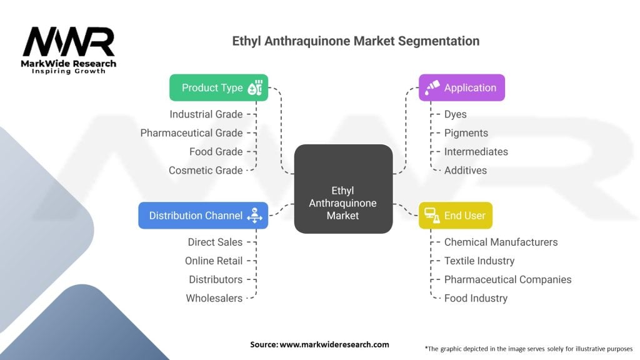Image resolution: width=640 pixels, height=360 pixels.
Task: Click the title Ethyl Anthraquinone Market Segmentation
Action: pos(356,41)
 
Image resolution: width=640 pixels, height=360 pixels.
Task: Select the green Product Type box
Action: pos(219,87)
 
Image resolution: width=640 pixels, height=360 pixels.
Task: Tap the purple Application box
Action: pos(461,87)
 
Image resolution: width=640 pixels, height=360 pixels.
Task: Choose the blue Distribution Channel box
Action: pos(203,216)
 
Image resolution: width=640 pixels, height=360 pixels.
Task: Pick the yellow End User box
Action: pos(455,216)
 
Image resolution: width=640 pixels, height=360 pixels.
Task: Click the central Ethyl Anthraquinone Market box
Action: pos(343,202)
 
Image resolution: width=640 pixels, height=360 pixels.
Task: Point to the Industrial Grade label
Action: pos(206,114)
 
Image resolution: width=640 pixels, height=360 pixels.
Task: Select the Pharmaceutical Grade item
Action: pos(191,133)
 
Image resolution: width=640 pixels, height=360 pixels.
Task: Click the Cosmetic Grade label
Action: pos(206,171)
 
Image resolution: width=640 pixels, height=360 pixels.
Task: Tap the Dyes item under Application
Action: pos(455,114)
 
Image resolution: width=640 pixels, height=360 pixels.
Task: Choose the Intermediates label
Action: pos(476,152)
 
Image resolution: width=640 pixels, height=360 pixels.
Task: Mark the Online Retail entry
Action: pos(214,261)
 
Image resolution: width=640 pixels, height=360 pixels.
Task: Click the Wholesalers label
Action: pos(214,298)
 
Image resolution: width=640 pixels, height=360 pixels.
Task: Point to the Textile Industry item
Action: pos(479,261)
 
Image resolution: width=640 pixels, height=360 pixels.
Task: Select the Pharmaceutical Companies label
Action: pos(507,279)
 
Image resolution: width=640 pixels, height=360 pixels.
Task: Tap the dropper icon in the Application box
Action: pos(431,88)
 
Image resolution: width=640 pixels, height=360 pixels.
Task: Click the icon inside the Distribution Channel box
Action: pos(255,216)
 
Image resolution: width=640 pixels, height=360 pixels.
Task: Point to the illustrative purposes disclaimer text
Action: pos(528,348)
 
